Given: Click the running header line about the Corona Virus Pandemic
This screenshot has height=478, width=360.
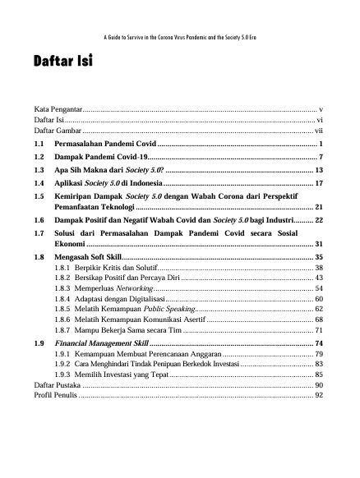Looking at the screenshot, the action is pyautogui.click(x=179, y=38).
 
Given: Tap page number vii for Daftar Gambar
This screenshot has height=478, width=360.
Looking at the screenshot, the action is pyautogui.click(x=319, y=131).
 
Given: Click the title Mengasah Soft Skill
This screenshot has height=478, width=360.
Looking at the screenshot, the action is pyautogui.click(x=91, y=258).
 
